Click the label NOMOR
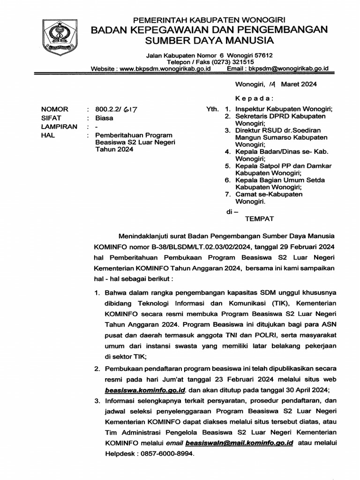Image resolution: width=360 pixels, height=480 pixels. pos(55,109)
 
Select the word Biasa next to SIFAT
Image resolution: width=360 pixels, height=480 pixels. pos(104,118)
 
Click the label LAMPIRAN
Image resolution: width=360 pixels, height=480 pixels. pos(59,127)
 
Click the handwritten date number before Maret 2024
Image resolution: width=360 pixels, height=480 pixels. pos(272,85)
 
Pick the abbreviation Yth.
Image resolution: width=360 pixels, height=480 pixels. pos(212,109)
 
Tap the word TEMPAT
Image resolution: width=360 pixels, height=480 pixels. pos(260,218)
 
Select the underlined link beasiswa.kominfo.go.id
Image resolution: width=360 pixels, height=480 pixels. pos(146,390)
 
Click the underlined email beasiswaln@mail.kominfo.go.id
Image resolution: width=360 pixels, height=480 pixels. pos(240,442)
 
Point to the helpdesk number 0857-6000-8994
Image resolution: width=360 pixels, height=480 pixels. pos(164,454)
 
